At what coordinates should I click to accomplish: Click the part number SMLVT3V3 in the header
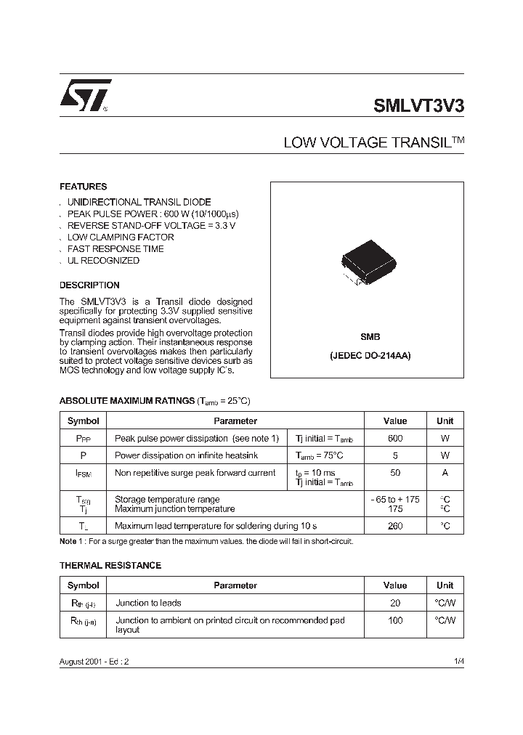[x=418, y=104]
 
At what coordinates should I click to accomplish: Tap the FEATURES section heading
[x=83, y=187]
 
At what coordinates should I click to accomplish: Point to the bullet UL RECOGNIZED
[x=102, y=260]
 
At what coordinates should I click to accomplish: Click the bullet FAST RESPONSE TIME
[x=115, y=248]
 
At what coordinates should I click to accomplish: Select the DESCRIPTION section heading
[x=89, y=285]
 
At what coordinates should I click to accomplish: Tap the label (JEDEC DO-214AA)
[x=370, y=357]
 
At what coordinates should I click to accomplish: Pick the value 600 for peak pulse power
[x=395, y=439]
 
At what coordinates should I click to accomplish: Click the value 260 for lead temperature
[x=395, y=526]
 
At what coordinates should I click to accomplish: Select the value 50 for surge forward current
[x=395, y=473]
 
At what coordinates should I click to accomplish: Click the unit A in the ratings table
[x=445, y=473]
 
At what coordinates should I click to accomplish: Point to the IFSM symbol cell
[x=84, y=474]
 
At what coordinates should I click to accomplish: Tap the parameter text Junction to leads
[x=148, y=603]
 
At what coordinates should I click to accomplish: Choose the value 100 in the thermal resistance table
[x=395, y=620]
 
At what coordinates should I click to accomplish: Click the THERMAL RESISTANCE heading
[x=110, y=565]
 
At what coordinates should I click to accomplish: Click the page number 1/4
[x=457, y=662]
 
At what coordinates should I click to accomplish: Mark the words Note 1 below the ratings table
[x=71, y=542]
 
